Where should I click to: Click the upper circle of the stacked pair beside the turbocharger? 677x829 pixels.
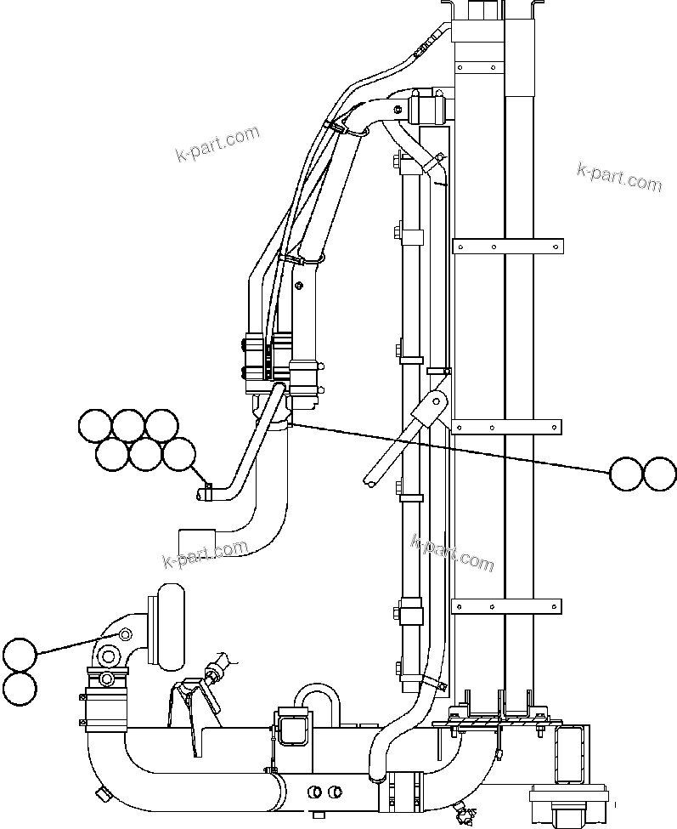[x=20, y=656]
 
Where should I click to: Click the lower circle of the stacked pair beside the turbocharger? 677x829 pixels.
[x=20, y=688]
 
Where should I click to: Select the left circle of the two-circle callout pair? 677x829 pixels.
[x=627, y=474]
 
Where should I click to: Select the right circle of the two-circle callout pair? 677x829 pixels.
[x=660, y=474]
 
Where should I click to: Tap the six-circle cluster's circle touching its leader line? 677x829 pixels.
[x=178, y=454]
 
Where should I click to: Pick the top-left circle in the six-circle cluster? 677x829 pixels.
[x=94, y=425]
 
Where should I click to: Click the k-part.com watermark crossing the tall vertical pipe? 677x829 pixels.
[x=451, y=553]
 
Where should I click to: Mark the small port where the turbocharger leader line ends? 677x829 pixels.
[x=126, y=633]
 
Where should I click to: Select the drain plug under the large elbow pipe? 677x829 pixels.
[x=104, y=793]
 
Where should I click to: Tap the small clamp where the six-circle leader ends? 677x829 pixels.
[x=206, y=491]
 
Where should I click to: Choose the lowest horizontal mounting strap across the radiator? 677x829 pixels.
[x=507, y=606]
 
